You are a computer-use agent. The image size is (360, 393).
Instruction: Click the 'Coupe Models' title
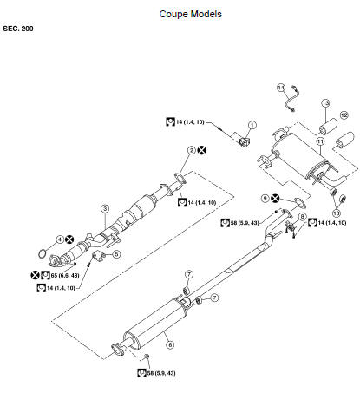pos(191,14)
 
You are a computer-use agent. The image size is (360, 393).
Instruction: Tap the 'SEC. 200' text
pos(18,29)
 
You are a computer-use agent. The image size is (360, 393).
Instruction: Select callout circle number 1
pos(252,125)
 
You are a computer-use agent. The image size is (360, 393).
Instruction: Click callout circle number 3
pos(105,208)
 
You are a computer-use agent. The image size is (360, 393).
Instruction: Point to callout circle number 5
pos(116,254)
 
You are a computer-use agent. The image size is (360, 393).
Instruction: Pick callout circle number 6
pos(170,344)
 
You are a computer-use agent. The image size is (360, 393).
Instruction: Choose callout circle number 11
pos(320,141)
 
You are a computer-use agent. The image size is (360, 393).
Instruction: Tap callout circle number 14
pos(281,88)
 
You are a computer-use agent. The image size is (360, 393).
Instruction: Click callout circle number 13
pos(326,103)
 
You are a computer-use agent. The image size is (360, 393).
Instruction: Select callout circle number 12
pos(344,115)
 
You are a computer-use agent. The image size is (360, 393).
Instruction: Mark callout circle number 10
pos(337,213)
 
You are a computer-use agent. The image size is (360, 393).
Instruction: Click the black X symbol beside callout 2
pos(202,150)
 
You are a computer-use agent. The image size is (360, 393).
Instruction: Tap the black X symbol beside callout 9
pos(275,199)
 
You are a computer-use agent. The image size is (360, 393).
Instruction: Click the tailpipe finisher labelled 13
pos(328,127)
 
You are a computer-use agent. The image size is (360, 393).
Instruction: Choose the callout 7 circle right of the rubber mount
pos(214,298)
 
